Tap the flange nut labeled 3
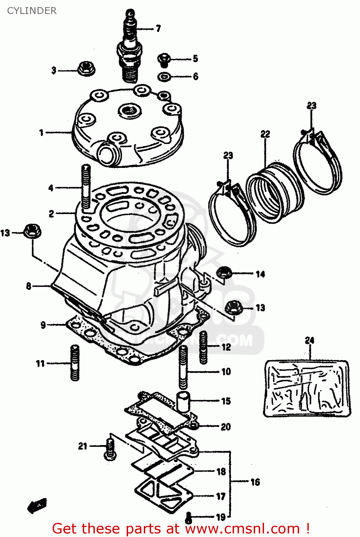(x=86, y=68)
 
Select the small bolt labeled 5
(x=164, y=59)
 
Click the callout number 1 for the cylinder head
(x=41, y=133)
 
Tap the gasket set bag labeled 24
(x=306, y=388)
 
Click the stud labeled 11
(x=75, y=362)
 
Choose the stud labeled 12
(x=203, y=347)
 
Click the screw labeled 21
(x=110, y=449)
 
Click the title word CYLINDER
(x=32, y=11)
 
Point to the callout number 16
(x=255, y=482)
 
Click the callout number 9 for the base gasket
(x=43, y=325)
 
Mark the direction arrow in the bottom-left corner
(x=37, y=506)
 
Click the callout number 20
(x=225, y=426)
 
